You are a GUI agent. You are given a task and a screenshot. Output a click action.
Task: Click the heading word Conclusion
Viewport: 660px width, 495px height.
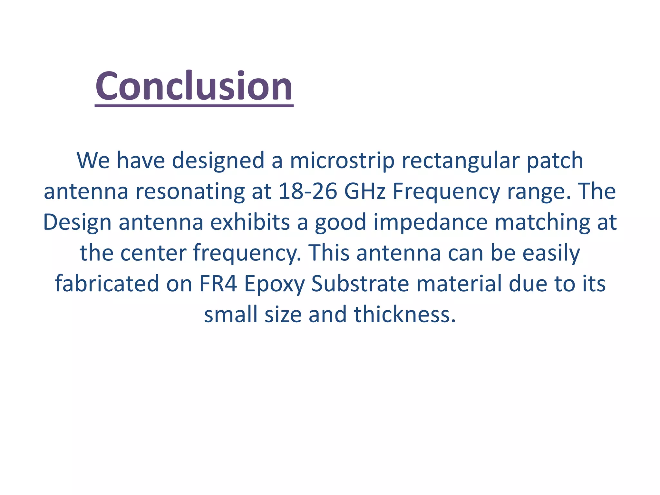coord(194,86)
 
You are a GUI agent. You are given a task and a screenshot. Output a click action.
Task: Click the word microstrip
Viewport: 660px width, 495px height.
coord(342,160)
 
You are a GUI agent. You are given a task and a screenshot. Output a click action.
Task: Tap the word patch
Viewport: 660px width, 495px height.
coord(555,160)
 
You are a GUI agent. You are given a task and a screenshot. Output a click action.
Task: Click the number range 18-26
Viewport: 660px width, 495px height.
coord(308,191)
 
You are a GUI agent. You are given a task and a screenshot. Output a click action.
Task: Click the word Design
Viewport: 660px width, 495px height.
coord(77,222)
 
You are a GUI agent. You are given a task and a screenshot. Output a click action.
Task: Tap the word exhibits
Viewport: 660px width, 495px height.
coord(250,222)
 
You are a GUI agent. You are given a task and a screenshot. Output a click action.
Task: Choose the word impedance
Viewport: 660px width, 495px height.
coord(431,222)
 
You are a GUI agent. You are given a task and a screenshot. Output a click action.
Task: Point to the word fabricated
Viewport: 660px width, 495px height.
coord(107,284)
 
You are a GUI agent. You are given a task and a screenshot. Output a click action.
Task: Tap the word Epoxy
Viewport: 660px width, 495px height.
coord(274,284)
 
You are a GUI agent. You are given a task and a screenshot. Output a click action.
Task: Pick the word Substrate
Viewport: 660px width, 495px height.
coord(360,284)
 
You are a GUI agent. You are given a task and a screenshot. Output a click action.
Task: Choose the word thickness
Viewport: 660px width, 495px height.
coord(405,314)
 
